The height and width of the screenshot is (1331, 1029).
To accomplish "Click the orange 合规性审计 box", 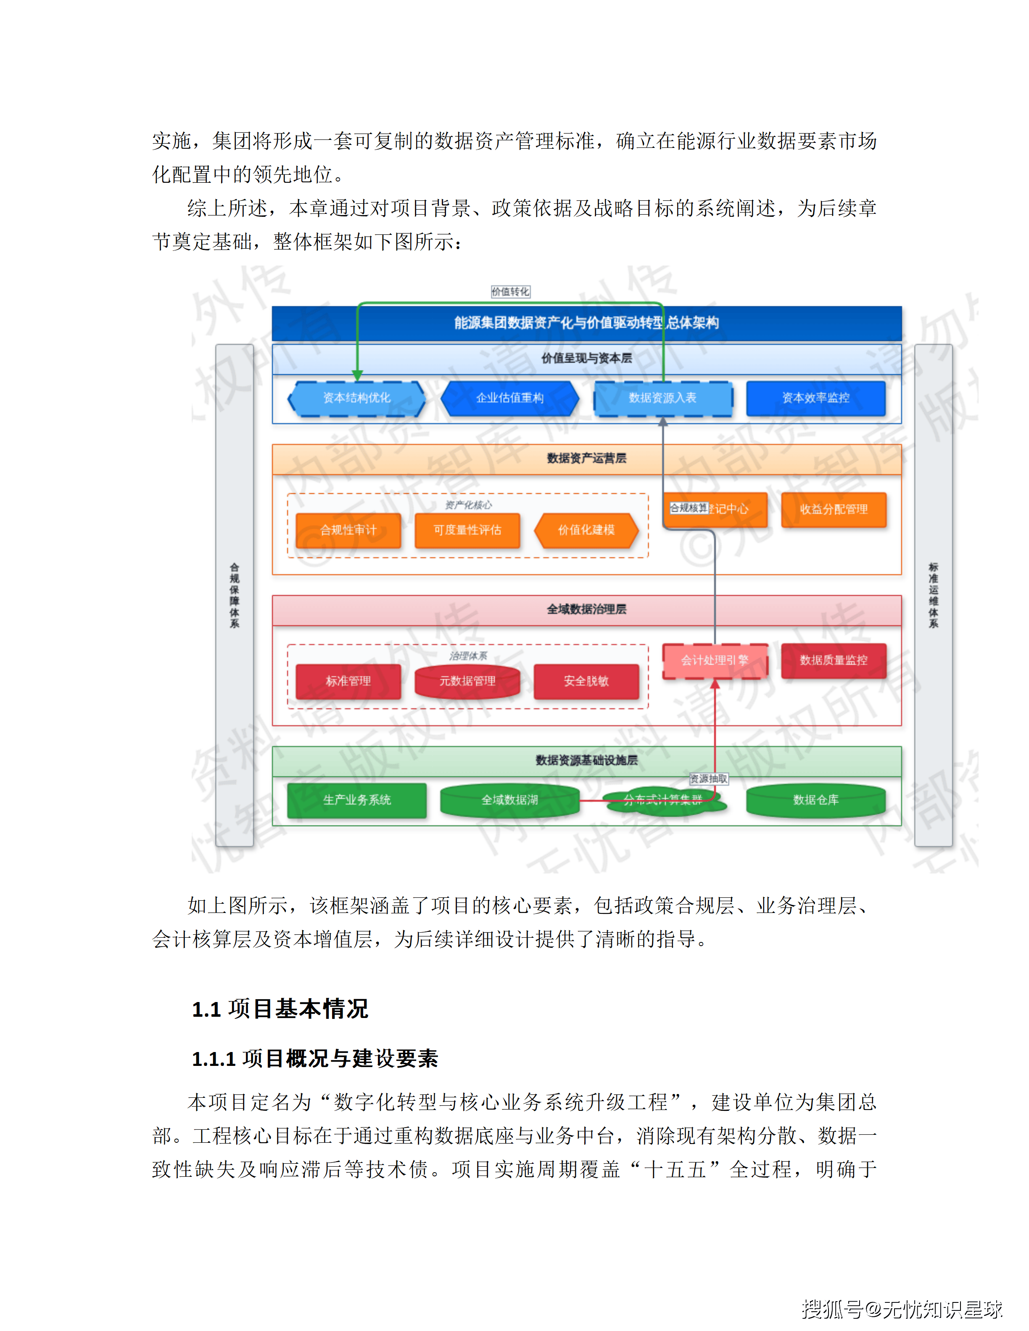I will [x=348, y=530].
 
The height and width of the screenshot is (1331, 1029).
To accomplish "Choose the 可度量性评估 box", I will [x=467, y=530].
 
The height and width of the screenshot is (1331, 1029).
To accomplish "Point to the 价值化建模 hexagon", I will [x=586, y=530].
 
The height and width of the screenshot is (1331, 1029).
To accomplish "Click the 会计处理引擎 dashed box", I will [x=715, y=660].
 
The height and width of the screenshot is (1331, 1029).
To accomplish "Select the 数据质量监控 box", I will [x=833, y=660].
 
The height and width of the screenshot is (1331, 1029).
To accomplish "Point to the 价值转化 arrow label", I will [x=510, y=292].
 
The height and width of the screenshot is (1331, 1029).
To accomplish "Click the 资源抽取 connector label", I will [x=708, y=779].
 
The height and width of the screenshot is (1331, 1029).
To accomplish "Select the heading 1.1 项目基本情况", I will [x=280, y=1009].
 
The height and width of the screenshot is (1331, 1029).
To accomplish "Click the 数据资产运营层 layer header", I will [x=586, y=459].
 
